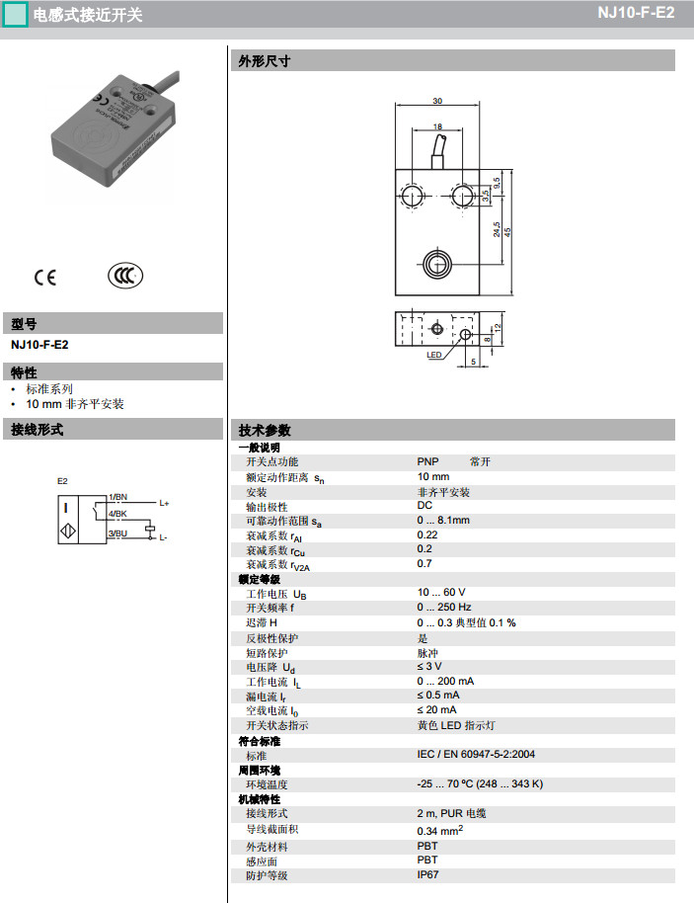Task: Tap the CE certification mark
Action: (x=45, y=277)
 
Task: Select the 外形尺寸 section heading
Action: (x=265, y=61)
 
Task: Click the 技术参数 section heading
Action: (x=265, y=430)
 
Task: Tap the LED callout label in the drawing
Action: (x=433, y=355)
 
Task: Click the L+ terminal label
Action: (x=164, y=503)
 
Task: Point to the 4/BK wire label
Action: (x=118, y=514)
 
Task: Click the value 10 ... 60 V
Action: (x=440, y=592)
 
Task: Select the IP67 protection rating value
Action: (x=428, y=874)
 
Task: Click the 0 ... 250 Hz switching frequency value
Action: (x=443, y=607)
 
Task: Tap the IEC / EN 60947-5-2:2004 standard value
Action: (x=476, y=755)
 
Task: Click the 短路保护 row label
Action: (x=267, y=653)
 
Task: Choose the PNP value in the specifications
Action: (x=427, y=461)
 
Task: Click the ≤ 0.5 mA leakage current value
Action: (x=439, y=696)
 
